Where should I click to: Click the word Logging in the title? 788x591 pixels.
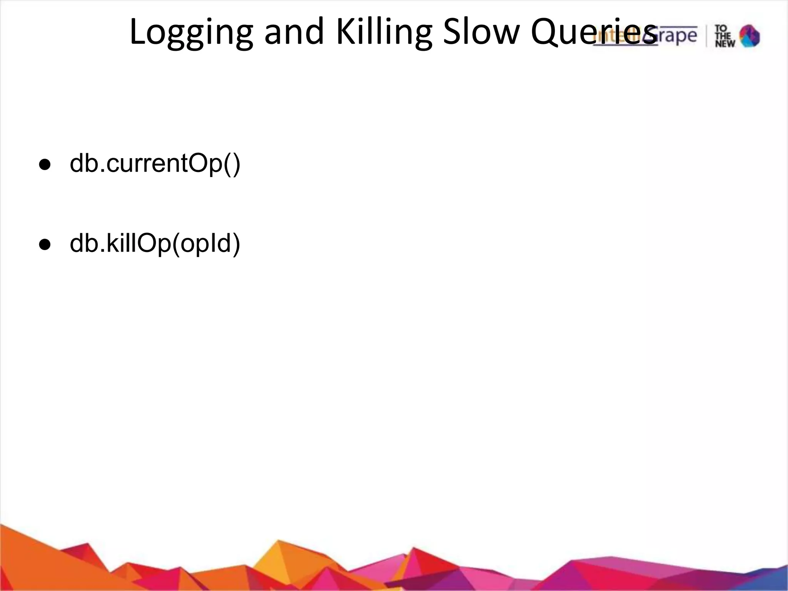click(x=191, y=33)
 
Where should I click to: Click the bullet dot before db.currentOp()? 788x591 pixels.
click(x=45, y=165)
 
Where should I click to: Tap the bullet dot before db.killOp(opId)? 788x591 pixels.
click(x=45, y=244)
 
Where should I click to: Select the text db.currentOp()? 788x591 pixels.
click(x=155, y=164)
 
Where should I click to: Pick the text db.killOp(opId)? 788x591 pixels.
click(x=155, y=244)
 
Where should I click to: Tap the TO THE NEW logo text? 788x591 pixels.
click(x=725, y=36)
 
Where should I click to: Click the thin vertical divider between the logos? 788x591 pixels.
click(x=706, y=36)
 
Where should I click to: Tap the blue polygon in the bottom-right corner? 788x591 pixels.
click(x=773, y=577)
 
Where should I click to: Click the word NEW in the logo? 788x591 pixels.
click(x=725, y=43)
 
